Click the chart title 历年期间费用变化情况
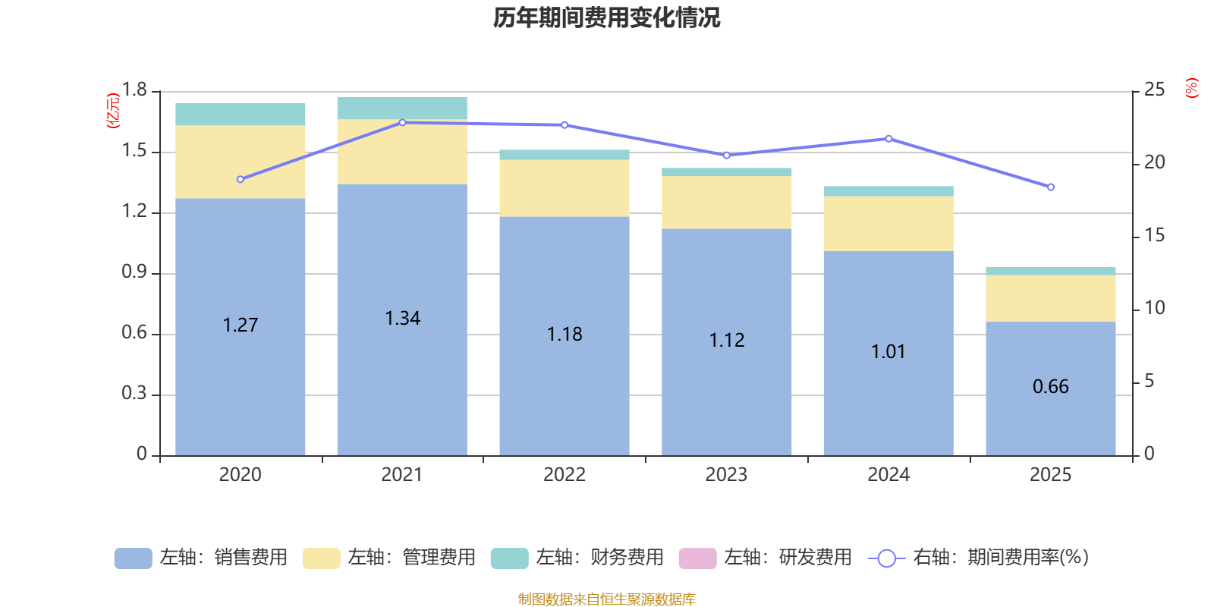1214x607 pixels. pos(606,17)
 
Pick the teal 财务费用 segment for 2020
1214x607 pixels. pos(241,115)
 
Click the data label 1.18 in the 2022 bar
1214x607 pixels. pos(565,335)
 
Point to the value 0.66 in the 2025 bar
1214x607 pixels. pos(1050,387)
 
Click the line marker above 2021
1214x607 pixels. pos(402,122)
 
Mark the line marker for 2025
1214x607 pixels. pos(1051,187)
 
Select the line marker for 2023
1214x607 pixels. pos(726,156)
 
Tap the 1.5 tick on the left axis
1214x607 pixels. pos(134,151)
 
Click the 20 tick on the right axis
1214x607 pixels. pos(1154,162)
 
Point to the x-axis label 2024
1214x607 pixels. pos(888,475)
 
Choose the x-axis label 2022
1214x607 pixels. pos(565,475)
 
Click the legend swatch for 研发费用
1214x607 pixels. pos(697,558)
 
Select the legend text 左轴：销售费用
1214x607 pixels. pos(223,558)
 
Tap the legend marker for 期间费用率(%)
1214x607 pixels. pos(886,558)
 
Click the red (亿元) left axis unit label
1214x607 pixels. pos(113,111)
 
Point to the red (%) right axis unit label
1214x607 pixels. pos(1191,88)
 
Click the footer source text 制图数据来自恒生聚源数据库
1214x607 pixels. pos(606,599)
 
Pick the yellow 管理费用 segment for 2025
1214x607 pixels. pos(1051,298)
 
